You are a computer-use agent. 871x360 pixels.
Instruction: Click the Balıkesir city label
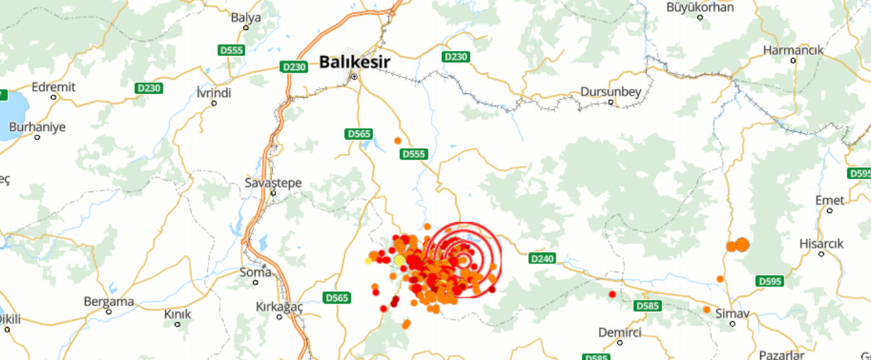[x=354, y=62]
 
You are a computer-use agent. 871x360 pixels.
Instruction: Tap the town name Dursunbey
[x=611, y=92]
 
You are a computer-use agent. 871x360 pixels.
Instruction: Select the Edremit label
[x=53, y=87]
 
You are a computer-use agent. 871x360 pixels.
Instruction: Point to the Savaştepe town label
[x=273, y=183]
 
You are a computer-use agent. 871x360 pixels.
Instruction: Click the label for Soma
[x=255, y=272]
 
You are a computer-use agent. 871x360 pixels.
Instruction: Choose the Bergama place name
[x=109, y=301]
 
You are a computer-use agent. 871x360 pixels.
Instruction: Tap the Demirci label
[x=620, y=333]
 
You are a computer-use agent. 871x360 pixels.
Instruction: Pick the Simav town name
[x=733, y=314]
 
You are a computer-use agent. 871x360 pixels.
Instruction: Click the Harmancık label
[x=793, y=50]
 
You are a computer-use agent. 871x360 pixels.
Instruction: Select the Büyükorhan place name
[x=700, y=8]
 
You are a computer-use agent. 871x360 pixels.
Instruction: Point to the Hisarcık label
[x=821, y=244]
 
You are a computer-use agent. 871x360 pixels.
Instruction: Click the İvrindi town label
[x=214, y=93]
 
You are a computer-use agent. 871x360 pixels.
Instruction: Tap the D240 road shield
[x=542, y=258]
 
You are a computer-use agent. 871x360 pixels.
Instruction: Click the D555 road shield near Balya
[x=230, y=50]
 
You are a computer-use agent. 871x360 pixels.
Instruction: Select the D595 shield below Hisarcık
[x=769, y=280]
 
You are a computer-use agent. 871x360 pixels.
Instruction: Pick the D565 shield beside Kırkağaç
[x=337, y=297]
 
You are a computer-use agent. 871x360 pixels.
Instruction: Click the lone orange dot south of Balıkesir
[x=398, y=141]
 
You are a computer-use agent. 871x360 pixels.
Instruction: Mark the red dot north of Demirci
[x=612, y=294]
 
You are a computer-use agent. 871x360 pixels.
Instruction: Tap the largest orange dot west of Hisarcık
[x=742, y=244]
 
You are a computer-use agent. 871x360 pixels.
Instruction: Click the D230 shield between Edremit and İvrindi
[x=149, y=88]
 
